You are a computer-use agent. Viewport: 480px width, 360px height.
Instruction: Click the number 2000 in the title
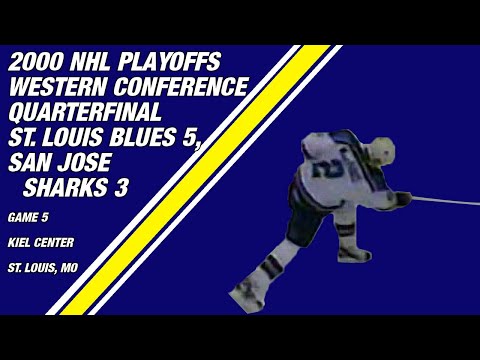pos(35,62)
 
